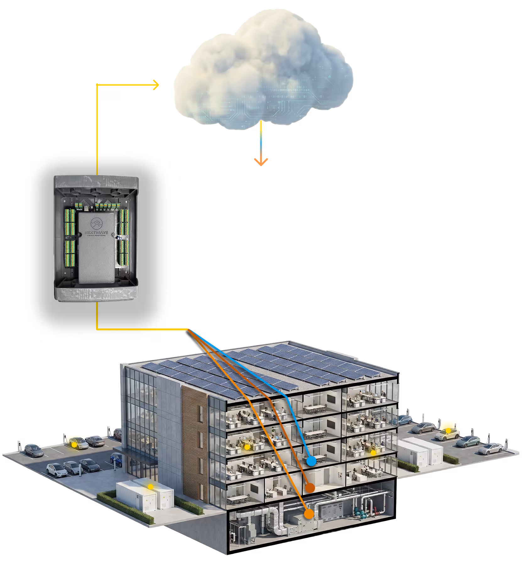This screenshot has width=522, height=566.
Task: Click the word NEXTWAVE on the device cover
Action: (x=96, y=233)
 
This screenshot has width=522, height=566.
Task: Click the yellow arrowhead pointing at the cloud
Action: (x=156, y=85)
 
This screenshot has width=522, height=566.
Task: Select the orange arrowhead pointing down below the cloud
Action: (x=261, y=162)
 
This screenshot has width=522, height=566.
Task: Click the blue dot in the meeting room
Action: (x=311, y=461)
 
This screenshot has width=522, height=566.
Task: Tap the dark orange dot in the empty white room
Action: (x=310, y=488)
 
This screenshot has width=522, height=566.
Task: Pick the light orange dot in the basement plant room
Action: (x=309, y=514)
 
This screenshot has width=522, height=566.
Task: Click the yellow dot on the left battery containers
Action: (x=151, y=487)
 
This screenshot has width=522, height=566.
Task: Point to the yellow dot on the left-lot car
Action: (x=74, y=445)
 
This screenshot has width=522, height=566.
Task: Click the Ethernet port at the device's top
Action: (x=86, y=208)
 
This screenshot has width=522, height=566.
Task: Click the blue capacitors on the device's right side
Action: (x=121, y=238)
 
